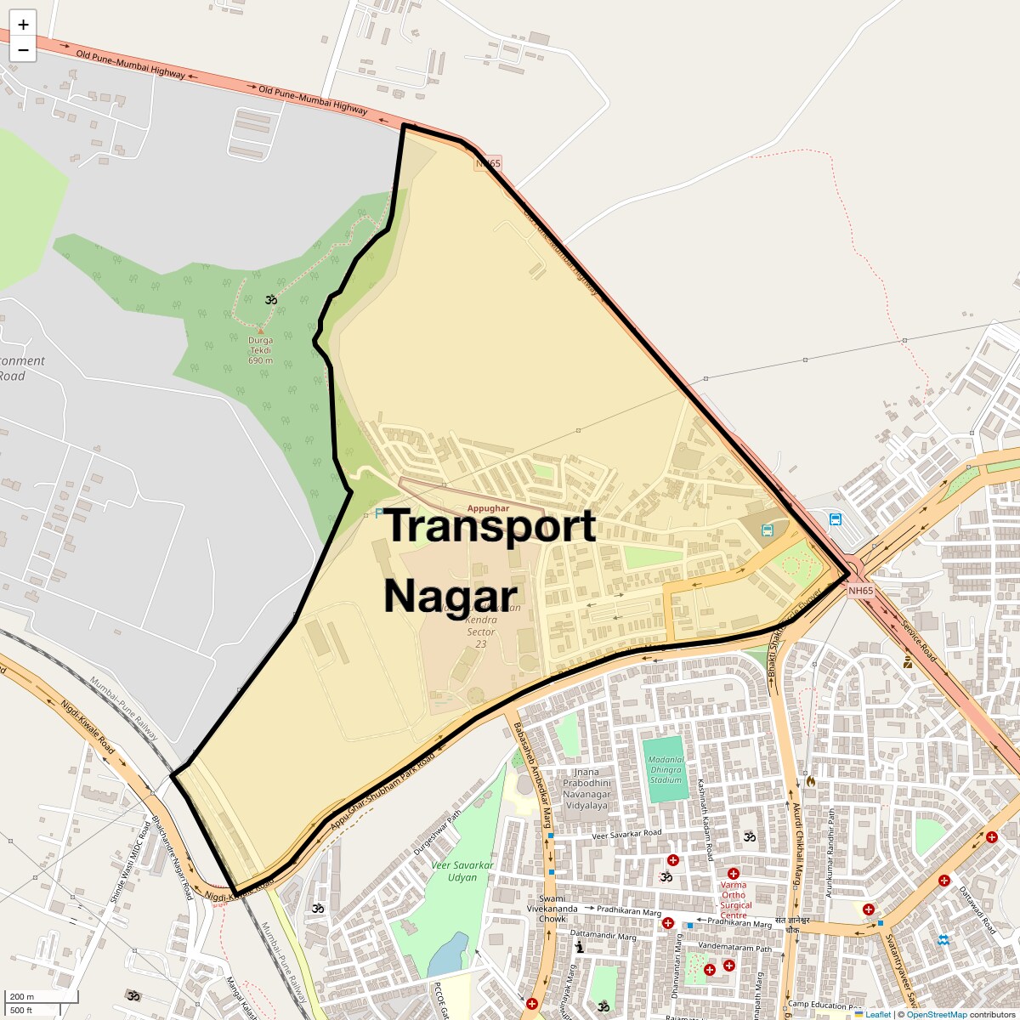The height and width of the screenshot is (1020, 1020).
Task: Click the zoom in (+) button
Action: (23, 25)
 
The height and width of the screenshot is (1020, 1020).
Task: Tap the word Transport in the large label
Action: (490, 526)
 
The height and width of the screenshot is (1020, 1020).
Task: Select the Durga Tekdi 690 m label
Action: (260, 349)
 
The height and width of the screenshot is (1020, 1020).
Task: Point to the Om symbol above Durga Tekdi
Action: (271, 300)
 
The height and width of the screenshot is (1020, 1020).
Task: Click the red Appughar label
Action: (488, 507)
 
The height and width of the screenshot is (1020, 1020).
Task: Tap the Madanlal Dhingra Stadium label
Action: (666, 769)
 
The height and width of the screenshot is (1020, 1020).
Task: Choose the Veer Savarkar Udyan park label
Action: (462, 870)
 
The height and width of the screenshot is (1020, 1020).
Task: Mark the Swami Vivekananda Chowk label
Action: (558, 909)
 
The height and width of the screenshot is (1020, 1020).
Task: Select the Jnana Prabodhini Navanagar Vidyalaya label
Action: (586, 789)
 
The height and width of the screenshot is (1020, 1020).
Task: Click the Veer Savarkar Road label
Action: (626, 836)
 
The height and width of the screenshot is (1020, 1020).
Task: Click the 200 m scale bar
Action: (42, 997)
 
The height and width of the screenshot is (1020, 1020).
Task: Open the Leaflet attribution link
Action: (877, 1014)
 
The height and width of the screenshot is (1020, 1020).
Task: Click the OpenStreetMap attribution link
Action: (936, 1014)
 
